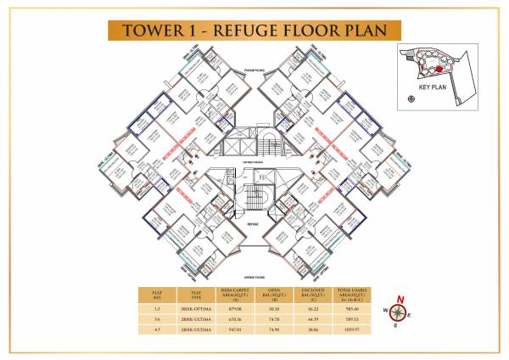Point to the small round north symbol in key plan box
pyautogui.click(x=411, y=99)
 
